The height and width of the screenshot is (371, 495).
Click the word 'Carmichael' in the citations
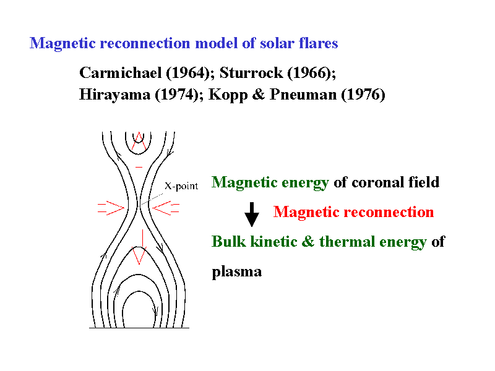(120, 73)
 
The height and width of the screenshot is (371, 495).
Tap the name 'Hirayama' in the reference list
(114, 95)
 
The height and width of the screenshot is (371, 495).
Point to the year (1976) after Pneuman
(363, 95)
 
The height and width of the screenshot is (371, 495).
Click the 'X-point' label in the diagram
(181, 186)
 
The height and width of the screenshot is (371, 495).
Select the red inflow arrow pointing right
(111, 208)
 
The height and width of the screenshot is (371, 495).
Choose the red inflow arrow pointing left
(166, 208)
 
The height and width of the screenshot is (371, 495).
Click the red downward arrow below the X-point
(139, 247)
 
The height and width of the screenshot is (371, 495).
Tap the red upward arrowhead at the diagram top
(139, 141)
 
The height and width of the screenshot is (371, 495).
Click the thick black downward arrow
(252, 215)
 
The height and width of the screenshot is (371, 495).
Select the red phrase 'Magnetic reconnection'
(353, 211)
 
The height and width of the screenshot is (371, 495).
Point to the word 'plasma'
(237, 272)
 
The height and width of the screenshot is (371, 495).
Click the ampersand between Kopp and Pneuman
(258, 95)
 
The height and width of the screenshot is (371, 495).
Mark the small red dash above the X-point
(139, 167)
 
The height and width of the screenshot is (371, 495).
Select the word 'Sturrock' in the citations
(251, 73)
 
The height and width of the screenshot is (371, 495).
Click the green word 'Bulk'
(228, 242)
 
